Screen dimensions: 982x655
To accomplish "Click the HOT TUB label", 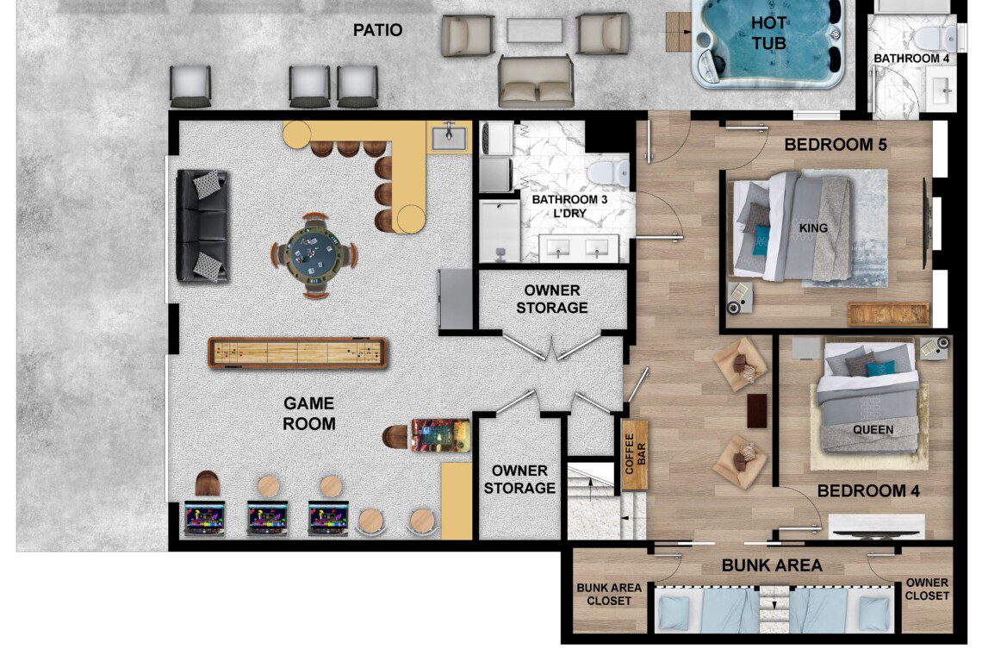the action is [x=768, y=33].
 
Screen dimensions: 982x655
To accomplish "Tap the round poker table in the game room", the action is [x=314, y=255].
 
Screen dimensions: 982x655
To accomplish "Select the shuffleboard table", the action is [x=297, y=352].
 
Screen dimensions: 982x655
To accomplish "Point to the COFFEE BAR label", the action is [x=635, y=454].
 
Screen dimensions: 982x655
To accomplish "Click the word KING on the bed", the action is [x=813, y=228].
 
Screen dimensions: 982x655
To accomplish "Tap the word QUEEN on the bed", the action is [x=873, y=430].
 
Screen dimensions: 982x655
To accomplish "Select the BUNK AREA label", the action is [x=772, y=565].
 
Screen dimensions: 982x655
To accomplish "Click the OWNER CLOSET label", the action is [x=927, y=589].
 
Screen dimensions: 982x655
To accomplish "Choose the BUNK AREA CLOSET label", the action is [x=609, y=594].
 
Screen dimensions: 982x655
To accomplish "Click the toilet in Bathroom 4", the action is [x=936, y=38].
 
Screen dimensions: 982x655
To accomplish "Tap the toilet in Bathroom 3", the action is [x=608, y=172].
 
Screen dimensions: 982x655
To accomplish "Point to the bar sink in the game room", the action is [x=449, y=137].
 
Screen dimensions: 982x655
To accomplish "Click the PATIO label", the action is [x=377, y=30].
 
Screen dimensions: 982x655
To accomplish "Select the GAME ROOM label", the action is [x=308, y=414].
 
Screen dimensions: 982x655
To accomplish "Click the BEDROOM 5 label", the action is [x=836, y=145].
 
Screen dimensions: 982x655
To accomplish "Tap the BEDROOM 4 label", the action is [x=868, y=490].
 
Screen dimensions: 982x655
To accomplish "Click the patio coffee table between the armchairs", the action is [x=534, y=31].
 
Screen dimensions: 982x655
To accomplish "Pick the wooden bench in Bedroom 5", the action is [x=888, y=314].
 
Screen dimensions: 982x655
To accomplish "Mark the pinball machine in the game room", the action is [x=440, y=435].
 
